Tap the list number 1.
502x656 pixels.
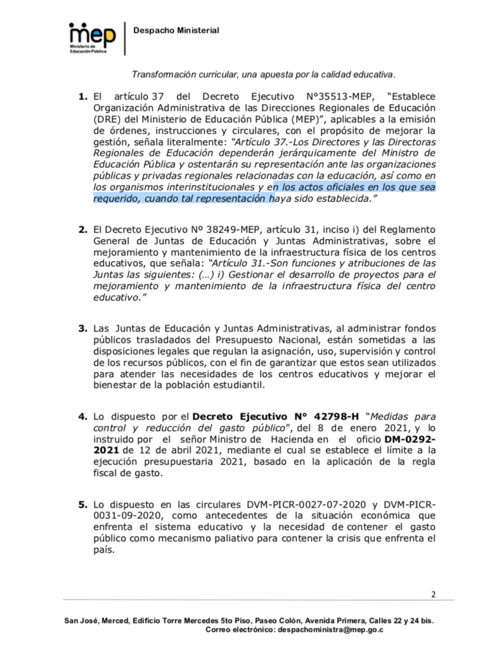(x=82, y=98)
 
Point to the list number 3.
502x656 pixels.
(x=82, y=328)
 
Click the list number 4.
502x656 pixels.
(x=82, y=416)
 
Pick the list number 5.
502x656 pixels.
(x=82, y=505)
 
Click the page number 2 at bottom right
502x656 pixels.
(x=434, y=594)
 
